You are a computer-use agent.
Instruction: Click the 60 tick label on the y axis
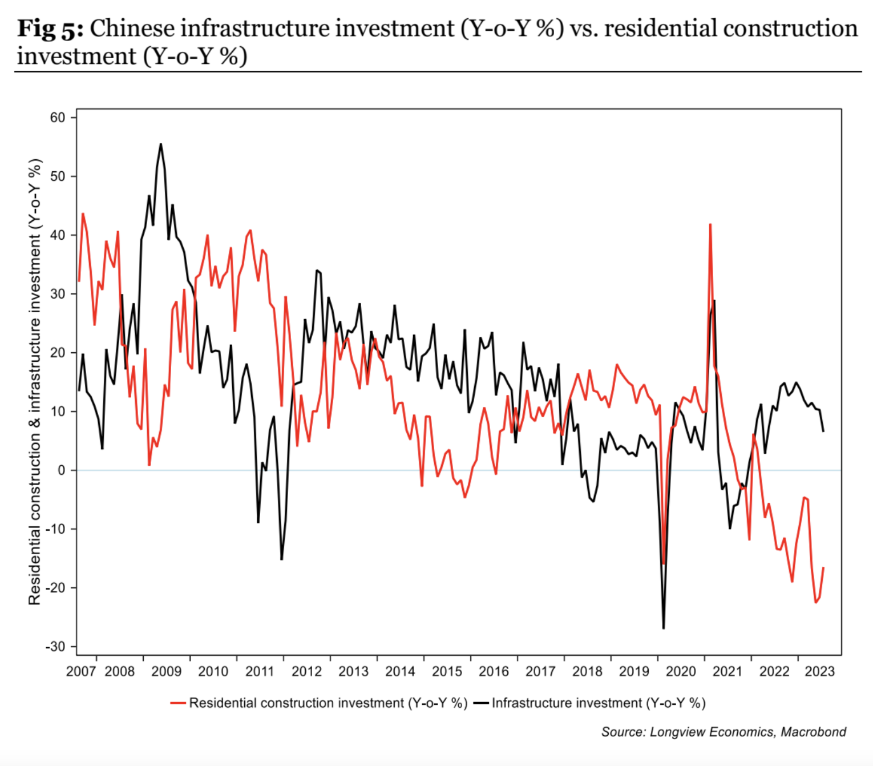coord(58,118)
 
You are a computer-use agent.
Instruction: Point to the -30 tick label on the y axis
coord(55,647)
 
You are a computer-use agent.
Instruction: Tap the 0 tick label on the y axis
coord(62,470)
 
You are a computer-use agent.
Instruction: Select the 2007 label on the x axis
coord(80,671)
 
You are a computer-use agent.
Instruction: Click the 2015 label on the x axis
coord(447,671)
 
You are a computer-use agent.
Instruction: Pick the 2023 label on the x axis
coord(819,671)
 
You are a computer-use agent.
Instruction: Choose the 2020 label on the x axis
coord(681,671)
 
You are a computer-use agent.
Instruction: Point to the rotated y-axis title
coord(35,381)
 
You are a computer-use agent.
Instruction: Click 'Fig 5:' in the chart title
coord(50,29)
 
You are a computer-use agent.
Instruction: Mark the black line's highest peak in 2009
coord(161,144)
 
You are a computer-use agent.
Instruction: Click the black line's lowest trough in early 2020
coord(664,628)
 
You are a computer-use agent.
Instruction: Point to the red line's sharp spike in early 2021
coord(710,224)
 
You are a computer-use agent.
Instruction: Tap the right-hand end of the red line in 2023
coord(823,568)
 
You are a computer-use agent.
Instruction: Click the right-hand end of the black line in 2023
coord(823,431)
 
